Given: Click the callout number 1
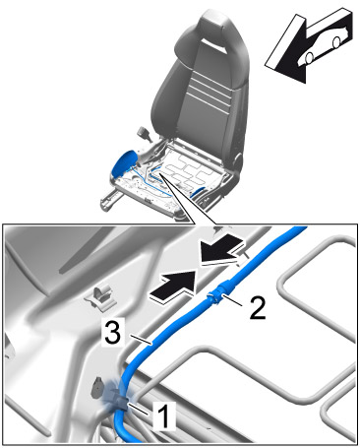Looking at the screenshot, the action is click(165, 416).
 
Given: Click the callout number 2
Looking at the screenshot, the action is click(258, 307).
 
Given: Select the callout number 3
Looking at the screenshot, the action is click(113, 332).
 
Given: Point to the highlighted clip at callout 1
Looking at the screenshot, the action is click(120, 400).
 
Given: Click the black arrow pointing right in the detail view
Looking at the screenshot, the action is click(172, 285).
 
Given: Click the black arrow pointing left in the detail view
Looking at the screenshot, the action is click(222, 249).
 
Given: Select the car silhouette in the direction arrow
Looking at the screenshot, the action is click(323, 45).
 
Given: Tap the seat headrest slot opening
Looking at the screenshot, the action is click(214, 44).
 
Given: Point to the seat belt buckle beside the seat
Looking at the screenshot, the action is click(145, 134).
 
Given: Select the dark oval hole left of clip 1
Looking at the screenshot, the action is click(98, 387).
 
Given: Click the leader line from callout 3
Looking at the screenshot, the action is click(141, 340).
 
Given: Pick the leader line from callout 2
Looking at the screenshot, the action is click(232, 300).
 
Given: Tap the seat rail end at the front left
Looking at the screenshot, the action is click(107, 201).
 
